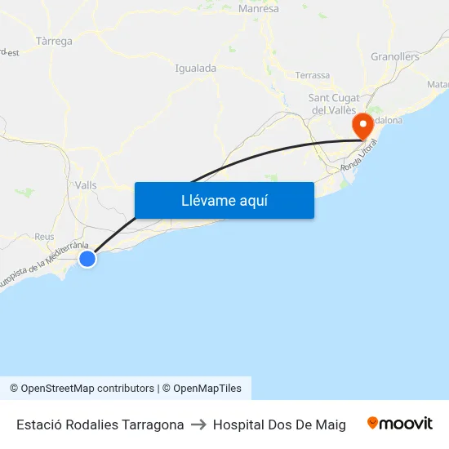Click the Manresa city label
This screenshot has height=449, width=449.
(258, 9)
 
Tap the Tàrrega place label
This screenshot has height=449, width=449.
(54, 41)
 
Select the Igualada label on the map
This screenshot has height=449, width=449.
(195, 69)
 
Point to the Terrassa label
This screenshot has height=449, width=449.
(313, 75)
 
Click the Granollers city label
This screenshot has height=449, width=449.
(395, 57)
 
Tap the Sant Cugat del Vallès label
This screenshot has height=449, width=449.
(333, 104)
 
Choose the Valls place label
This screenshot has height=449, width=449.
(85, 185)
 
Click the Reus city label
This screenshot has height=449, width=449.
(44, 237)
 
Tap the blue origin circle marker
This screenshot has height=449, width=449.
(87, 259)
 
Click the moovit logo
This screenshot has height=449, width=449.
(399, 423)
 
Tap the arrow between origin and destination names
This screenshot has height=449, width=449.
(198, 425)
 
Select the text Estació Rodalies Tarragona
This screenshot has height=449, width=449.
(100, 425)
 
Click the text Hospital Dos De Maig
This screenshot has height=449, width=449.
(279, 425)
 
